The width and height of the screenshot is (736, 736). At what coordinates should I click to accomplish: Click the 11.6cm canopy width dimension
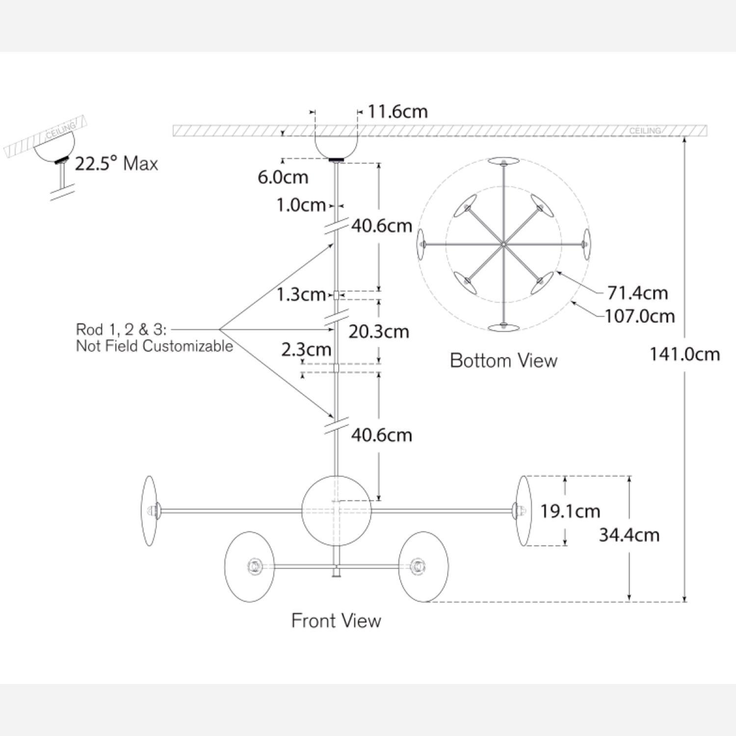(x=397, y=111)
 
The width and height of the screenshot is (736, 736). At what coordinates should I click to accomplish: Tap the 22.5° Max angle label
(x=116, y=163)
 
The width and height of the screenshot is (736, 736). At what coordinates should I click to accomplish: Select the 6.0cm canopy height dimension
(x=283, y=177)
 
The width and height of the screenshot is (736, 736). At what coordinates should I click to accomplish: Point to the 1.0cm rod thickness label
(x=301, y=205)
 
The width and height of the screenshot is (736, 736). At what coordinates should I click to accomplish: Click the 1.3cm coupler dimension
(x=301, y=294)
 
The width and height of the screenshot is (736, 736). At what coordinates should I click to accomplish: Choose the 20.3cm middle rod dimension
(x=378, y=332)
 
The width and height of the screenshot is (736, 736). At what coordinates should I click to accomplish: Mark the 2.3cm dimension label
(x=306, y=350)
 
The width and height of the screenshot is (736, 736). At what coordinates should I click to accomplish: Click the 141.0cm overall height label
(x=684, y=354)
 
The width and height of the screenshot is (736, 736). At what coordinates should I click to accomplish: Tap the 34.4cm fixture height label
(x=629, y=534)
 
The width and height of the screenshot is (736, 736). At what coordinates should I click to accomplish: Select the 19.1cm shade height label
(x=570, y=511)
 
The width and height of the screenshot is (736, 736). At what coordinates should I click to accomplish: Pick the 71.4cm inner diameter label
(x=637, y=293)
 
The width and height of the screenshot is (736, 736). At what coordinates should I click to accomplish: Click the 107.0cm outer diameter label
(x=640, y=316)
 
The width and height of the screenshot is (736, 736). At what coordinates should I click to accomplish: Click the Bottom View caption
(x=503, y=361)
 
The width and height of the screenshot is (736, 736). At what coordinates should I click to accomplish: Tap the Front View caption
(x=336, y=621)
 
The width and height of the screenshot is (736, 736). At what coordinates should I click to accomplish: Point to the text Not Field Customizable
(x=154, y=346)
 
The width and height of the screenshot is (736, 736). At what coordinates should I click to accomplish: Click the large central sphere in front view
(x=336, y=511)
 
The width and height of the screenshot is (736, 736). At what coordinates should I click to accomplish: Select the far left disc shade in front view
(x=149, y=511)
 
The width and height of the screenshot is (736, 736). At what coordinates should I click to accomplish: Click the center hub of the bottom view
(x=504, y=244)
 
